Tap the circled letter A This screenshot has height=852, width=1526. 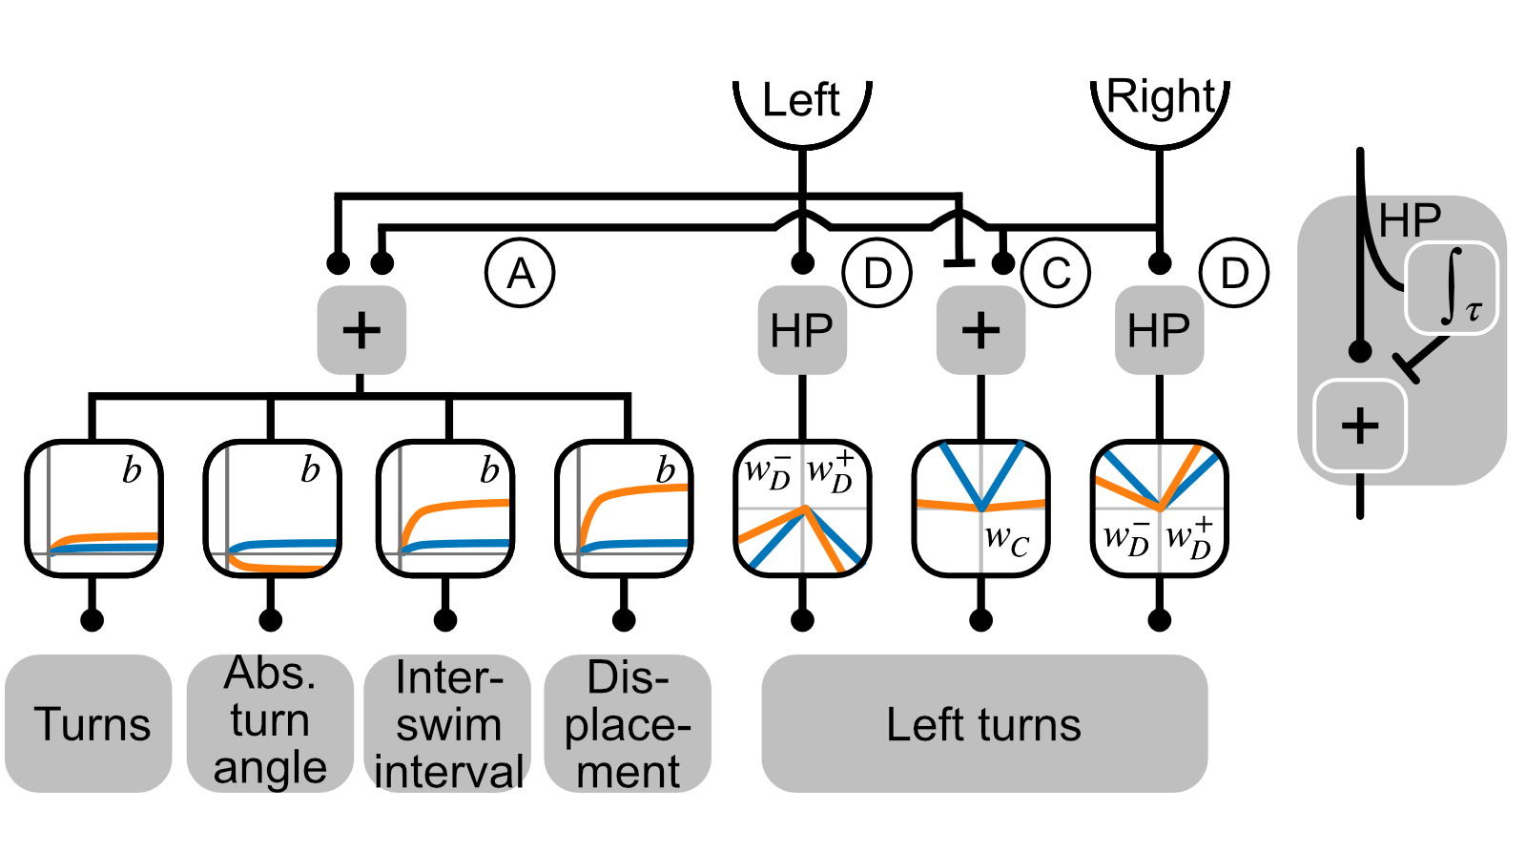[520, 274]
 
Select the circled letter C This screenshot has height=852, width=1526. [1055, 274]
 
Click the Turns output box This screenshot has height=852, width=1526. [90, 723]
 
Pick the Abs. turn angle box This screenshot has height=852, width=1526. [270, 723]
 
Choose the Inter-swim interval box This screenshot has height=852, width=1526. [447, 723]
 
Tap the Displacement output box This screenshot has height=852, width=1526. [627, 723]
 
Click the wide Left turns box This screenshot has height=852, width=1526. [983, 723]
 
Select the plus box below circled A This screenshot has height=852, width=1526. [361, 330]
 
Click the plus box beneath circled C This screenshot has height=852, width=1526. [980, 330]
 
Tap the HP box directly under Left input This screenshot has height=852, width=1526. [802, 330]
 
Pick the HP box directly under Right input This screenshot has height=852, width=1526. [1160, 330]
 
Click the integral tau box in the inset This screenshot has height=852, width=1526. [1452, 287]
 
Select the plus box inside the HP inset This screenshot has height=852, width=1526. [1360, 426]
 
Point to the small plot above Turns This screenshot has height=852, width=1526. [93, 509]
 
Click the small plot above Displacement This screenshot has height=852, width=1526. [624, 509]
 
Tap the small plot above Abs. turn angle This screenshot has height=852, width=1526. [272, 509]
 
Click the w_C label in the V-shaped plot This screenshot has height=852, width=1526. [1006, 540]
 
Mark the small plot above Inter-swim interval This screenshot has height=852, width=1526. [445, 509]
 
